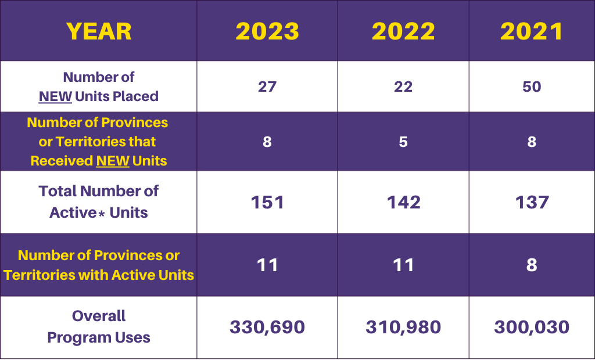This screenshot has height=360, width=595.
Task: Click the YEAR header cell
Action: [x=99, y=31]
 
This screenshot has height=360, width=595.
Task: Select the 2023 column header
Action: [x=267, y=31]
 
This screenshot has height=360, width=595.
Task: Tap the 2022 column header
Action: [x=403, y=31]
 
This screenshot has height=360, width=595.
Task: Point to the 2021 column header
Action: [x=532, y=31]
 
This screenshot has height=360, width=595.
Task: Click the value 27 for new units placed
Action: [x=267, y=87]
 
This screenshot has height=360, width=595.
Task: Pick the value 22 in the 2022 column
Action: [x=403, y=87]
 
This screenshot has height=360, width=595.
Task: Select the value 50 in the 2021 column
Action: [x=532, y=87]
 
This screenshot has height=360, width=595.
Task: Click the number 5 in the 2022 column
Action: [x=403, y=142]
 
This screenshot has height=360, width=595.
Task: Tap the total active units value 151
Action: [x=267, y=202]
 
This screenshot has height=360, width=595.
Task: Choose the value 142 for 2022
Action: [x=403, y=202]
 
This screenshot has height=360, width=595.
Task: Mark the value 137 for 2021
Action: [x=532, y=202]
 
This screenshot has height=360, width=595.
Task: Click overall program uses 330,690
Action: [x=267, y=327]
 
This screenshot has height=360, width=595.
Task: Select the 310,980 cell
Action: [x=403, y=327]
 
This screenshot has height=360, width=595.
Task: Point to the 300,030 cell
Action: [x=532, y=327]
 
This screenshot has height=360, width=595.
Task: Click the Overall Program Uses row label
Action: [x=99, y=327]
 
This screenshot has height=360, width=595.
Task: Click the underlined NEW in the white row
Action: [x=55, y=96]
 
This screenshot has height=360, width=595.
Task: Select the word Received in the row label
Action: [x=62, y=161]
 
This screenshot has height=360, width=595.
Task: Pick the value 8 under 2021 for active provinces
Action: [x=532, y=265]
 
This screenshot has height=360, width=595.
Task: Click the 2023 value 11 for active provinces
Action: [x=267, y=265]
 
